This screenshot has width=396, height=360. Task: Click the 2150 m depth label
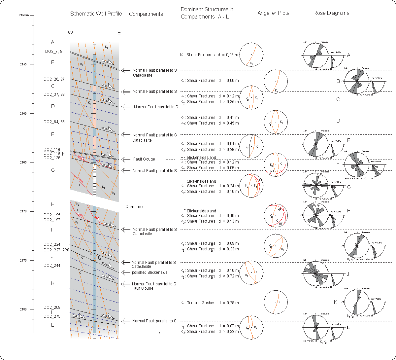24,15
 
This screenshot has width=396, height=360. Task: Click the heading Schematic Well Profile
96,14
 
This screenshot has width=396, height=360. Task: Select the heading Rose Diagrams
331,13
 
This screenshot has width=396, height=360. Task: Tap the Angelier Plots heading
273,13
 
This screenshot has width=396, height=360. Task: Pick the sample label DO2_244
52,266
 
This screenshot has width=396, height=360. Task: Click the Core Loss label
135,207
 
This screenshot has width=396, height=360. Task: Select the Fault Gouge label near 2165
144,159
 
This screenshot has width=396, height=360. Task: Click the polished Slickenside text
149,272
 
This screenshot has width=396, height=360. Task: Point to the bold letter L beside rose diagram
348,328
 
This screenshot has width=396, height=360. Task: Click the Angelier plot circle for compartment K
276,302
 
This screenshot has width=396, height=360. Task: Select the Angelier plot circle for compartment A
251,54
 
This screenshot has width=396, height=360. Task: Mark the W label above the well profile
70,32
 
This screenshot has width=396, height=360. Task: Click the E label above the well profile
119,32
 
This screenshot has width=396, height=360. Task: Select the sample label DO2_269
52,307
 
